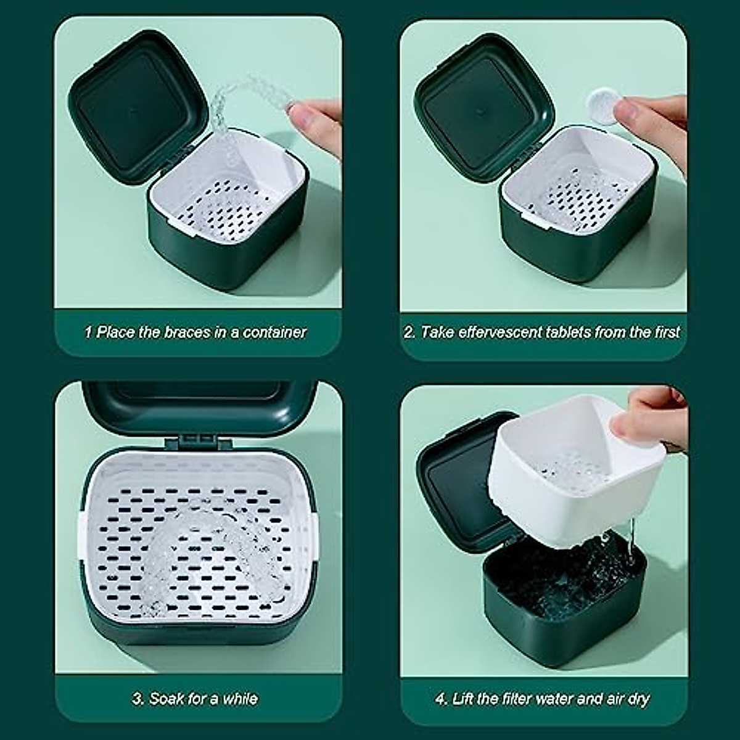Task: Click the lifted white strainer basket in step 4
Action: click(567, 469)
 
